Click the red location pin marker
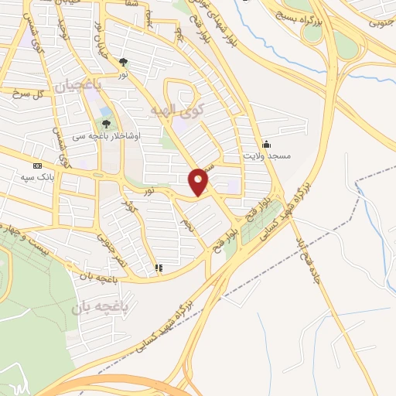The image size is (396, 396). [x=199, y=182]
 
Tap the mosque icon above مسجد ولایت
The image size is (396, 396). [x=267, y=143]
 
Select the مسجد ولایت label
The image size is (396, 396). [x=267, y=156]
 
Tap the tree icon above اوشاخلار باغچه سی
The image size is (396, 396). [x=106, y=123]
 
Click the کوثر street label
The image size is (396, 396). [x=131, y=207]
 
